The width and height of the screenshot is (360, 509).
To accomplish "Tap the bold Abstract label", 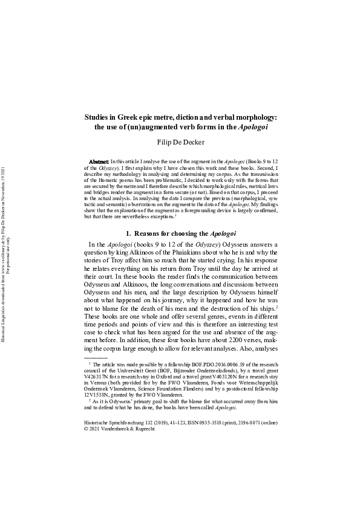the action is click(99, 163).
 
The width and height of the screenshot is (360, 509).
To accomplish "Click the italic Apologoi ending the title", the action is click(252, 127).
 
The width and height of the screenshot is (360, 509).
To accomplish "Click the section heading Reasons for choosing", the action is click(171, 233).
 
